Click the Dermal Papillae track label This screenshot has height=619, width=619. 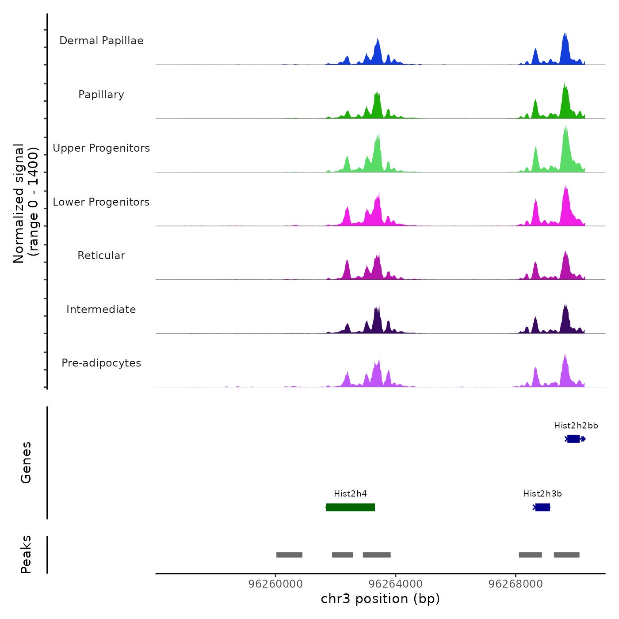(101, 41)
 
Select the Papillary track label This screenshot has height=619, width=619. (101, 95)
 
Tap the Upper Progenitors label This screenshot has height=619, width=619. (101, 148)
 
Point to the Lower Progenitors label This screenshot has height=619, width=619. (101, 202)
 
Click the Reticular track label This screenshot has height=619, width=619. (101, 256)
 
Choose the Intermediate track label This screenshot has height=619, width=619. (101, 309)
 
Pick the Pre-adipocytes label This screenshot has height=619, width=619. (101, 363)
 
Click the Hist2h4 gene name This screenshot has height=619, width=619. (350, 494)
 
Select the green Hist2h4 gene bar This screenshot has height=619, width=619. (350, 507)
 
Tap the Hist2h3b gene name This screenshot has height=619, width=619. (542, 494)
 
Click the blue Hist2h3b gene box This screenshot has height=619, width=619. (543, 507)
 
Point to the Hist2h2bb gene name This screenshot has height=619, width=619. (576, 426)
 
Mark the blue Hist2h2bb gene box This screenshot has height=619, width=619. (573, 439)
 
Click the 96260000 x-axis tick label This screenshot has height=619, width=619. (275, 584)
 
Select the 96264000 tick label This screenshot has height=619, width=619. (395, 584)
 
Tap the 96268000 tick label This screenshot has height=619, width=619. (515, 584)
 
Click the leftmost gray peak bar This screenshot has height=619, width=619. (289, 555)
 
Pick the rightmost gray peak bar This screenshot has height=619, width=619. (566, 555)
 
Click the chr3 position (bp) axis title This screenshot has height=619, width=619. (380, 599)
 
